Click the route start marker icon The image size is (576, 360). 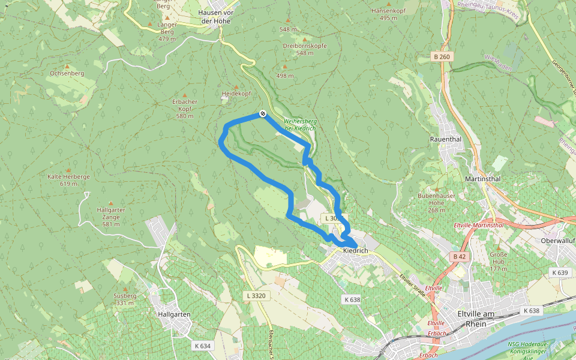click(x=263, y=113)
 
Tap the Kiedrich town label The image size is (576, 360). click(x=355, y=250)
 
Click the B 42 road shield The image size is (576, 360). click(x=459, y=256)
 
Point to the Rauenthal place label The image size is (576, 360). click(x=445, y=139)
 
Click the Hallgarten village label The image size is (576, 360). click(x=173, y=314)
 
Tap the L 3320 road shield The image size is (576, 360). click(x=256, y=296)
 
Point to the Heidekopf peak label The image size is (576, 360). click(x=236, y=94)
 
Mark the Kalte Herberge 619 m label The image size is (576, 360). click(x=68, y=180)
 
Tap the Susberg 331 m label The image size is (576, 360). click(x=125, y=299)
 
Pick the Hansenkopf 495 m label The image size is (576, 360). click(x=389, y=14)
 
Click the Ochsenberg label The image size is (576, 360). click(x=67, y=73)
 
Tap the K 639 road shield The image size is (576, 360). click(x=559, y=272)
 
